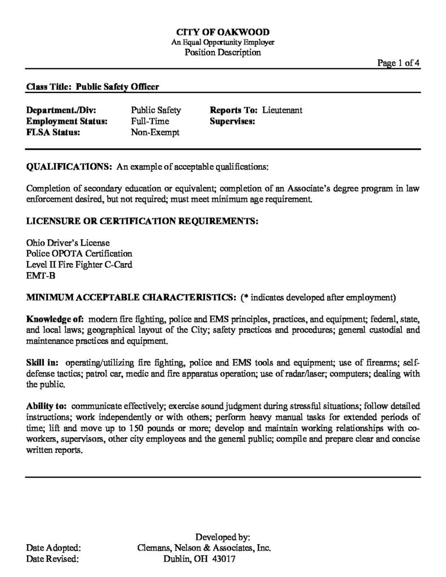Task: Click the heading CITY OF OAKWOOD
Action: coord(223,32)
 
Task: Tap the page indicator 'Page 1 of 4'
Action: coord(398,63)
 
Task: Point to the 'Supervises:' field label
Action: coord(232,121)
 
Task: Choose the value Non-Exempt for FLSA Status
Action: coord(154,132)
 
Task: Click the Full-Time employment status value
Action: coord(149,121)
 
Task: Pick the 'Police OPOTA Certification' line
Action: coord(79,254)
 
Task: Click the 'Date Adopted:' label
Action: coord(54,547)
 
